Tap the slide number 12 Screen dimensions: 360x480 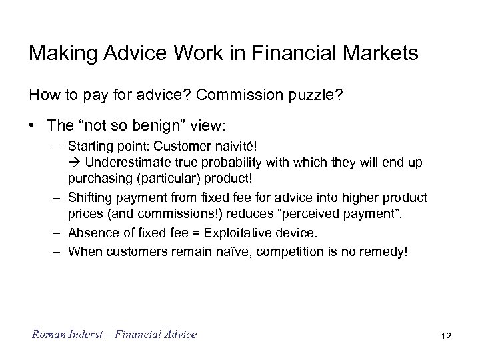coord(445,336)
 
